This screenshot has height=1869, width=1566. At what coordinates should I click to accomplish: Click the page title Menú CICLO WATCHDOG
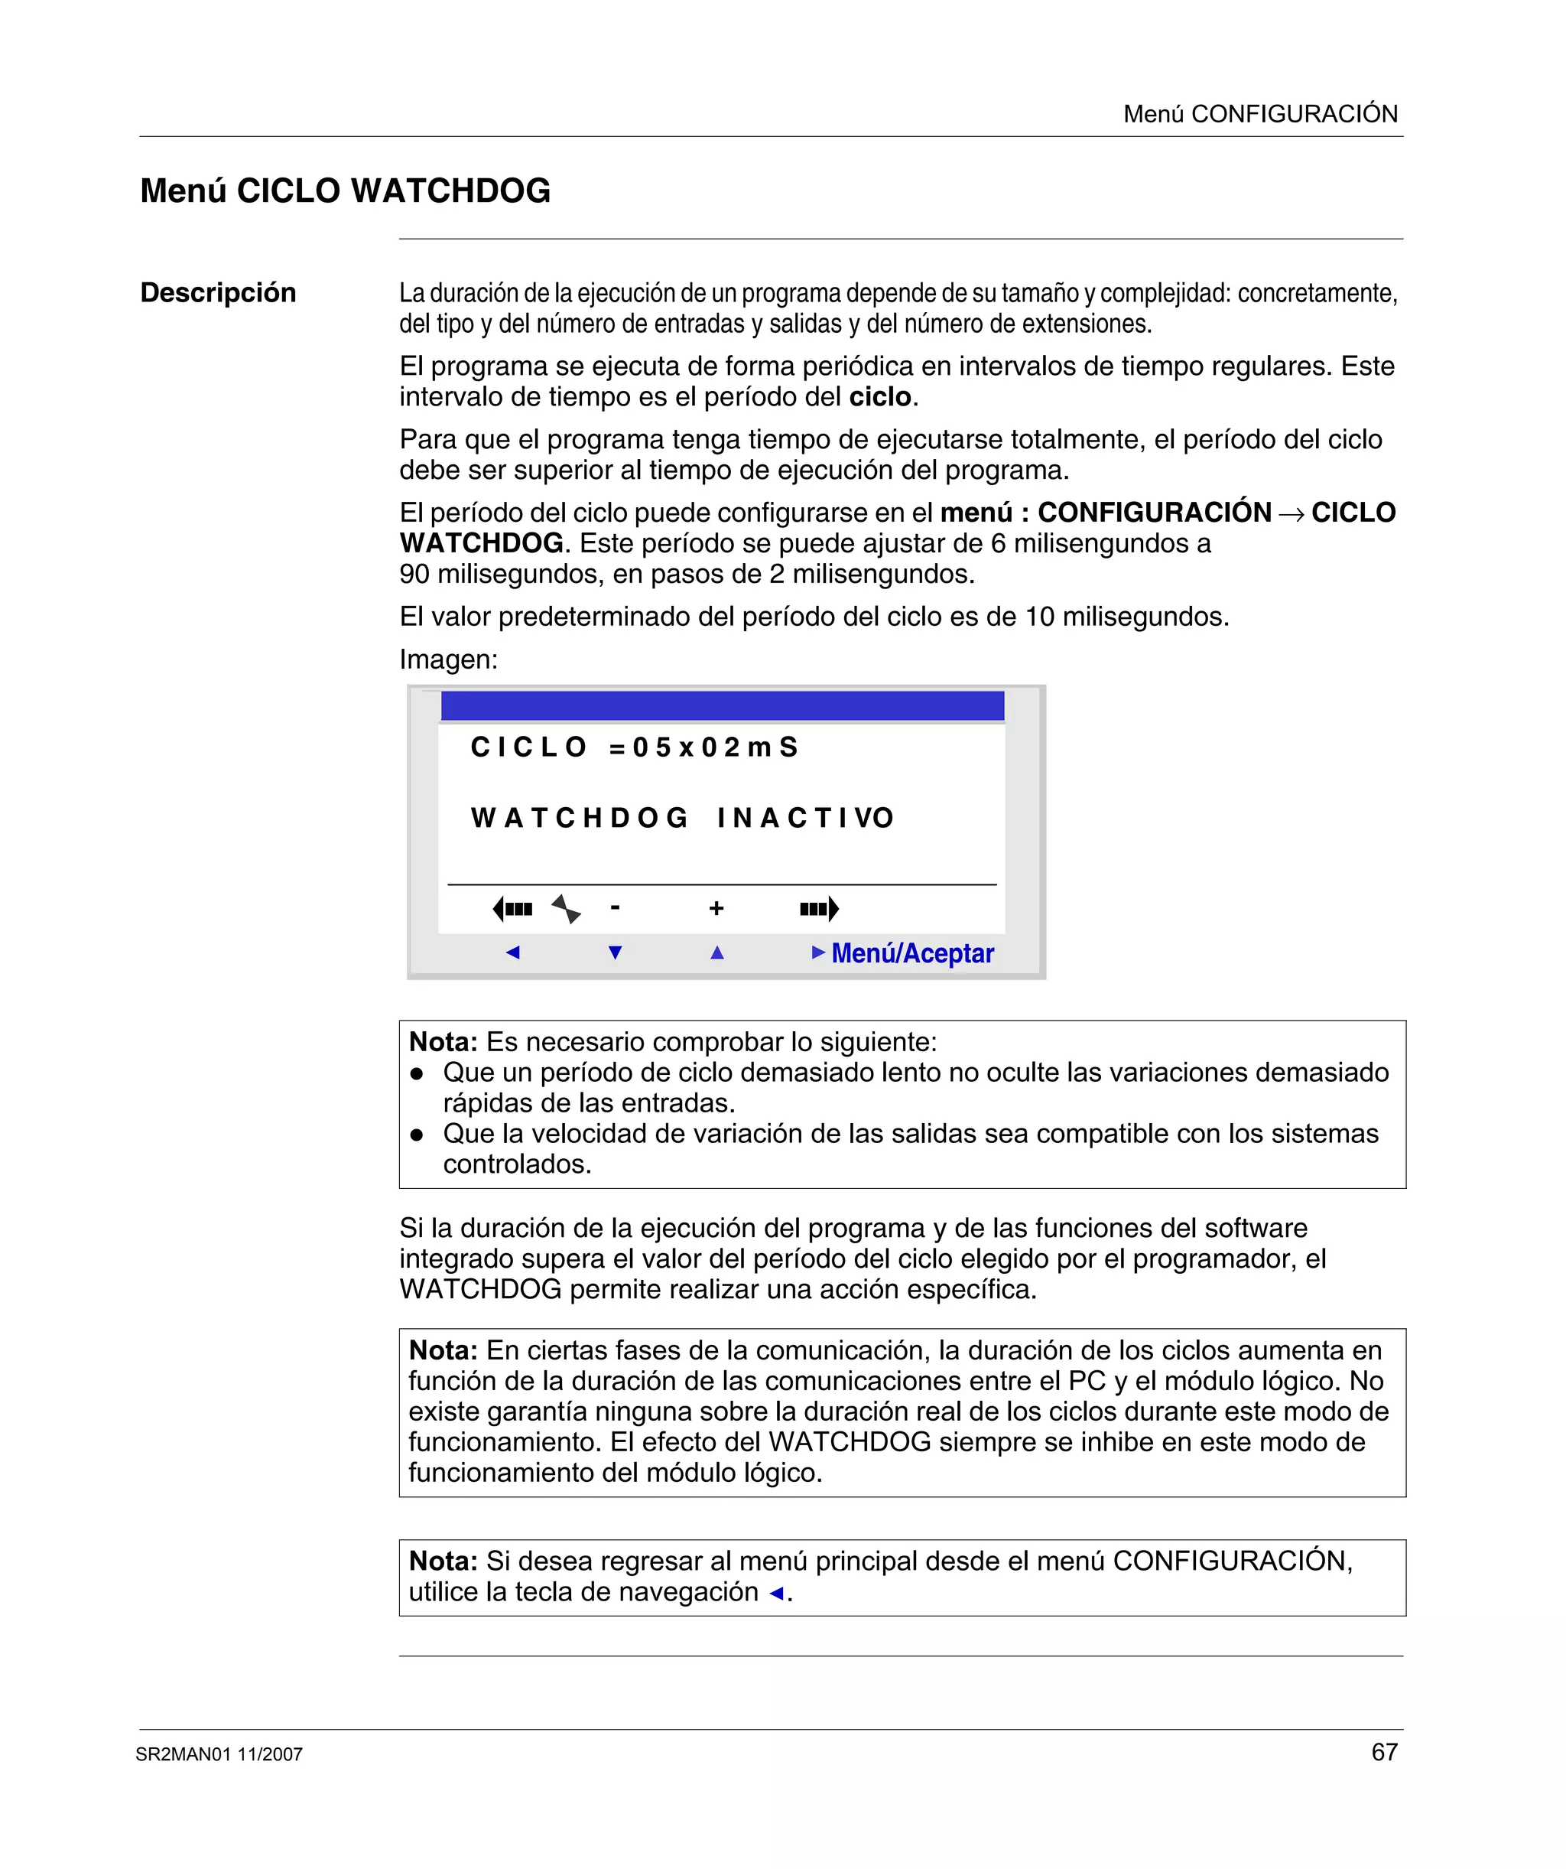click(345, 191)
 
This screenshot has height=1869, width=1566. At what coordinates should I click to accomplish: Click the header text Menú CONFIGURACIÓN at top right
click(1260, 114)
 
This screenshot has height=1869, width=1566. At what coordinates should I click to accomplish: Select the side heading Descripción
click(218, 293)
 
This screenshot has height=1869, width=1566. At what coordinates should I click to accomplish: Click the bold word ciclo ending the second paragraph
click(880, 397)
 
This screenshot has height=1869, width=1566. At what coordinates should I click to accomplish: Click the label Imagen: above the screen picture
click(448, 659)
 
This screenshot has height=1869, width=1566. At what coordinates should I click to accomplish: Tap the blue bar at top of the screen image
click(722, 706)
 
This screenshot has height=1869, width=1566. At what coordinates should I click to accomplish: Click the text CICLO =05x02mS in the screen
click(634, 747)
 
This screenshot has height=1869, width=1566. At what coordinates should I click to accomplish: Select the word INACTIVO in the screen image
click(805, 818)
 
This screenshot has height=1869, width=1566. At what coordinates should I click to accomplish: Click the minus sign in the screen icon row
click(615, 908)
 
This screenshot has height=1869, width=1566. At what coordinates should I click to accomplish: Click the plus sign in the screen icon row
click(716, 909)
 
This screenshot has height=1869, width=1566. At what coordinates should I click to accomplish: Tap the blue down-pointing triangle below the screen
click(615, 953)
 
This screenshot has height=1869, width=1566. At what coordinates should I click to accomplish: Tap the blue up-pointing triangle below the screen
click(717, 953)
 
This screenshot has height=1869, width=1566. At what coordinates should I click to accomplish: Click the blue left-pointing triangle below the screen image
click(512, 953)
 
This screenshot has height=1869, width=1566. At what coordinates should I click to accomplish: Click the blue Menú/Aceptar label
click(912, 953)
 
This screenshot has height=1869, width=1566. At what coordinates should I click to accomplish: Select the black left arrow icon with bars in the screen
click(512, 909)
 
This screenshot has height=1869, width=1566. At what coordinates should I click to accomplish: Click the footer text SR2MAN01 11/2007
click(219, 1754)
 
